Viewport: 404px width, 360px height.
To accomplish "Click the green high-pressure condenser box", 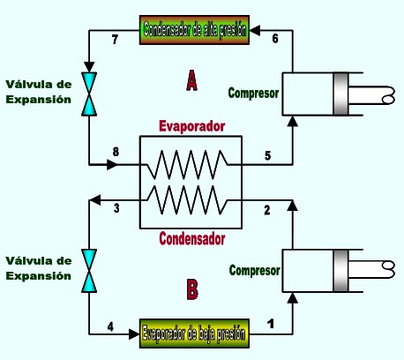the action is coord(194,30).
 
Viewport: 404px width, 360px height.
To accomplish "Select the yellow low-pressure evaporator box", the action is coord(194,334).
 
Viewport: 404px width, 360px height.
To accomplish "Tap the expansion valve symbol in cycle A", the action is coord(89,94).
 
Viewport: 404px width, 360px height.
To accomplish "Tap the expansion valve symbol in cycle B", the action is coord(89,271).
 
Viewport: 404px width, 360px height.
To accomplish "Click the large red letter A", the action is coord(191,80).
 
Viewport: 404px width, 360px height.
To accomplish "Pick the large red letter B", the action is coord(192,289).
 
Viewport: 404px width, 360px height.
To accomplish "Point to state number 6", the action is coord(275,38).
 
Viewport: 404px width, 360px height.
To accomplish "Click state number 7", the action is coord(115,40).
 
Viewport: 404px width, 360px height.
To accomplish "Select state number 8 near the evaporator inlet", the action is coord(116,152).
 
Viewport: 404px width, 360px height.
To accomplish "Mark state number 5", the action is coord(267,155).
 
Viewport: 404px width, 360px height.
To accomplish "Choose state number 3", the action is coord(116,208).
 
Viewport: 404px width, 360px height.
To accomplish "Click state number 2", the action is coord(267,210).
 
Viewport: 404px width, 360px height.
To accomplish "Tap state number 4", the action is coord(110,326).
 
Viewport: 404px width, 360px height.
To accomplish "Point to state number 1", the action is coord(271,324).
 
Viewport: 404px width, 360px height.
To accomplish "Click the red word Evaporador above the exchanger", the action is coord(192,126).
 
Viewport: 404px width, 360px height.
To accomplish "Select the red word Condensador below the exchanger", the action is coord(192,238).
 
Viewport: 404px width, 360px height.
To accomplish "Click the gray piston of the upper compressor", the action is coord(340,94).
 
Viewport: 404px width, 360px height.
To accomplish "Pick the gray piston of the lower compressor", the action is coord(340,271).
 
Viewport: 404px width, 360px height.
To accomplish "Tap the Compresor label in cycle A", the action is coord(253,93).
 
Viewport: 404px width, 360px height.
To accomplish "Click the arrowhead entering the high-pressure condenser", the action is coord(255,30).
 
